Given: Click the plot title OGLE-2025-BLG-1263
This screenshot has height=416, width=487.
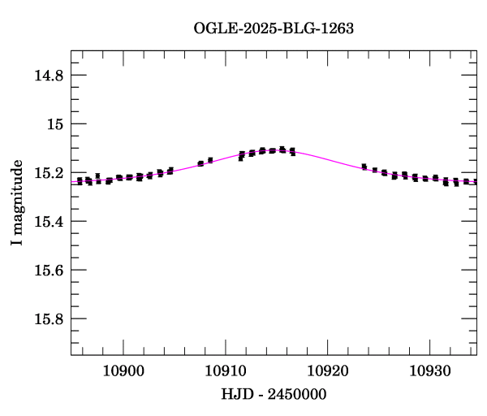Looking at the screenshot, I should [x=274, y=28].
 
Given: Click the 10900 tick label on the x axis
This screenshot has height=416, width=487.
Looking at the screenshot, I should [x=123, y=370].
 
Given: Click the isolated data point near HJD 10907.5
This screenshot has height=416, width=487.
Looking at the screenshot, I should [x=200, y=163].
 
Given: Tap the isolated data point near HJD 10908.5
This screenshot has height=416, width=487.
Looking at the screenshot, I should [x=210, y=160].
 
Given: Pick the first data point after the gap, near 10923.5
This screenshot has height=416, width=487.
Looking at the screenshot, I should [x=364, y=167].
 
